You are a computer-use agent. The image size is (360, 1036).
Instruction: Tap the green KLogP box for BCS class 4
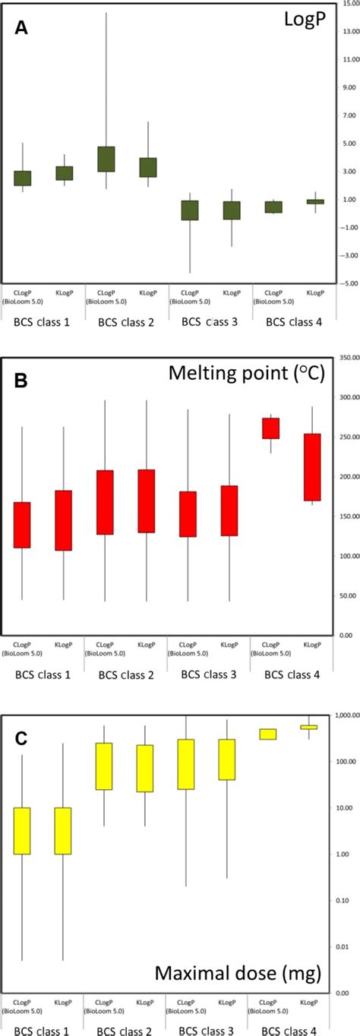point(310,201)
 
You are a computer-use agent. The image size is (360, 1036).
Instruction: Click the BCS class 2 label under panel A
point(126,322)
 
